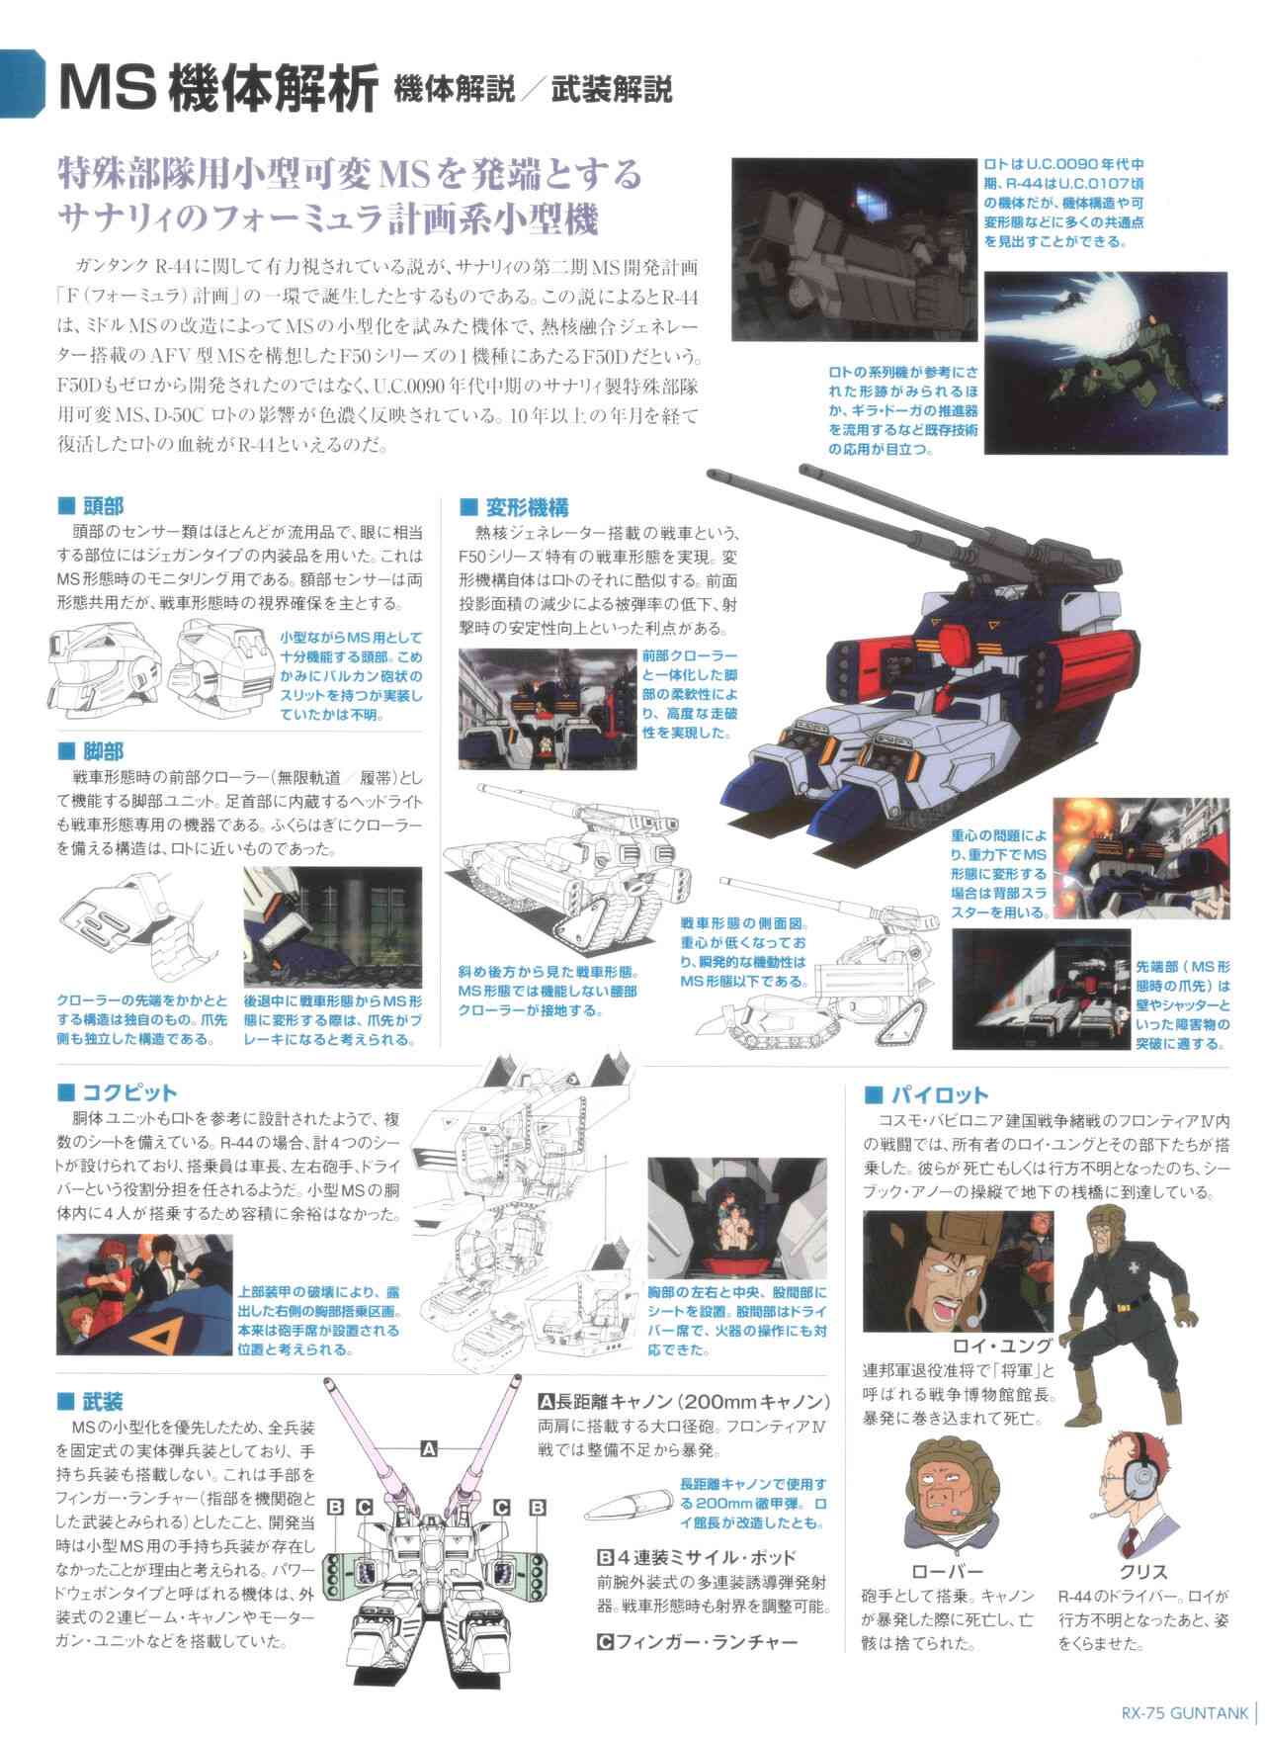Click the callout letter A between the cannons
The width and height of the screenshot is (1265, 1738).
coord(428,1449)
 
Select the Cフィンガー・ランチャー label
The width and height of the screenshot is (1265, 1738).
coord(698,1642)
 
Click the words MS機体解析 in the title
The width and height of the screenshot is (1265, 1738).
coord(217,91)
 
